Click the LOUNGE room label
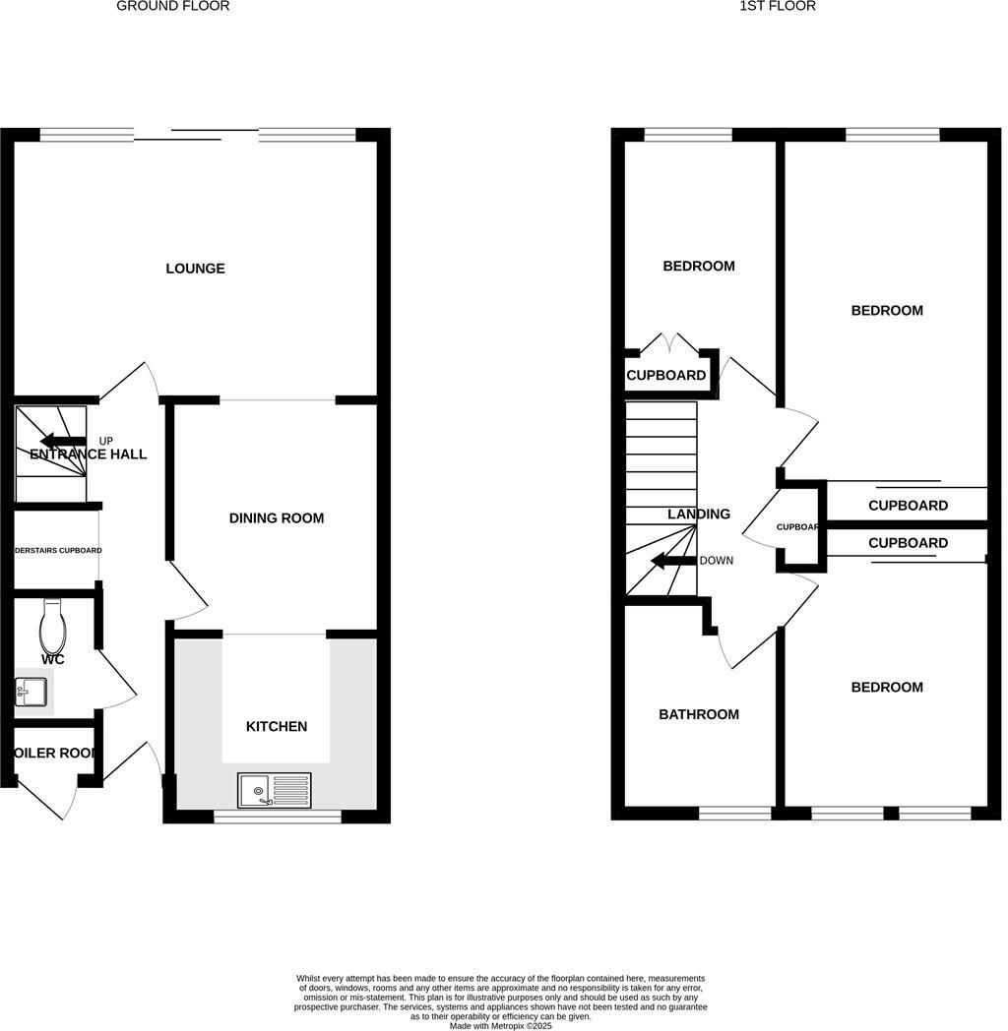tap(195, 269)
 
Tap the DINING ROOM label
tap(276, 518)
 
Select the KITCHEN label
tap(276, 727)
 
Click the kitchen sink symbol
tap(275, 790)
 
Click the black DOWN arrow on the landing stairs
tap(673, 562)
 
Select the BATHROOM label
tap(698, 714)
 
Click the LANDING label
tap(699, 515)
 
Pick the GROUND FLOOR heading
tap(172, 6)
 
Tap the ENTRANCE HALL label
tap(89, 455)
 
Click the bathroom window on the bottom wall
tap(735, 813)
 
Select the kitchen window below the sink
tap(278, 816)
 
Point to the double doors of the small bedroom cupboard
tap(669, 344)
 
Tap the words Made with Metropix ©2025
tap(500, 1025)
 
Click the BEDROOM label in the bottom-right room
tap(887, 688)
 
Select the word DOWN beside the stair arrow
tap(716, 561)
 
